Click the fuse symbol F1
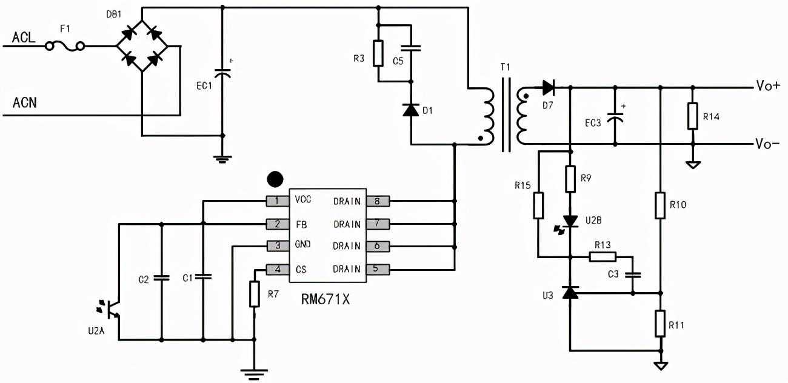click(65, 45)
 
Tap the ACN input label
click(24, 102)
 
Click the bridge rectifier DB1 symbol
click(142, 45)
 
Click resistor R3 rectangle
click(378, 53)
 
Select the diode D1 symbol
click(411, 110)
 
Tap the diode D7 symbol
click(548, 88)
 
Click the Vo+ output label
click(768, 85)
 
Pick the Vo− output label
click(767, 144)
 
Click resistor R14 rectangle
click(693, 116)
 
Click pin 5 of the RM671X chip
click(376, 269)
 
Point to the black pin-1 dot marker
click(275, 179)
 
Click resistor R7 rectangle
click(255, 294)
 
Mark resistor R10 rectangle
click(660, 205)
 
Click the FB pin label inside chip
click(301, 224)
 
